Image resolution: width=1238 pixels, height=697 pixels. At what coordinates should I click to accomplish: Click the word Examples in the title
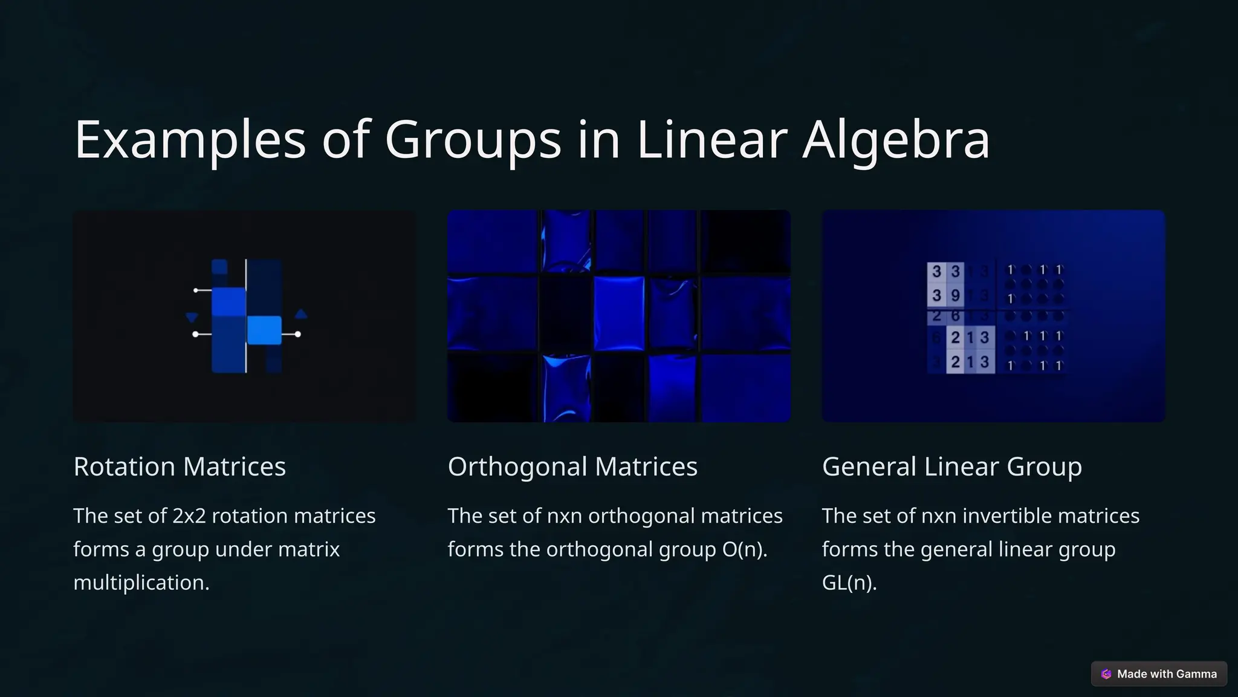(190, 140)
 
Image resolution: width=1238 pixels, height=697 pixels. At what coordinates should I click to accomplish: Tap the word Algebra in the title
(896, 140)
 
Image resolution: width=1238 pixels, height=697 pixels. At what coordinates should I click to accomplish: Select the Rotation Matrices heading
(180, 466)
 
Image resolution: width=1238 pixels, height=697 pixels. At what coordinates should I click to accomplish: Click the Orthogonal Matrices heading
(572, 466)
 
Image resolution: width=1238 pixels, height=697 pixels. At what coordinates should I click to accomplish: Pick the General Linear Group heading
(952, 466)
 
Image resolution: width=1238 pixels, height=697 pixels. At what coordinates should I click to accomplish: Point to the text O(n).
(744, 549)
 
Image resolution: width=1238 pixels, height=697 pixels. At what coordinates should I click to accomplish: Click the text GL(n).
(849, 583)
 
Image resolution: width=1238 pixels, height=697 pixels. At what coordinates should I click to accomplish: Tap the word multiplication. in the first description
(141, 583)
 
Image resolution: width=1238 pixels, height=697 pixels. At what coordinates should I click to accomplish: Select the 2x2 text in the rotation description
(189, 516)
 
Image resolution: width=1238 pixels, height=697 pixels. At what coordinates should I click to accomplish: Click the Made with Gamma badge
(1159, 674)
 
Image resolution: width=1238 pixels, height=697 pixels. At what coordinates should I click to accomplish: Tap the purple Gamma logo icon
(1106, 674)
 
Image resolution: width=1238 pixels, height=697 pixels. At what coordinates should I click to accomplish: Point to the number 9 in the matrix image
(955, 295)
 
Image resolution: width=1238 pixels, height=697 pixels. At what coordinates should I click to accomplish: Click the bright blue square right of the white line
(264, 330)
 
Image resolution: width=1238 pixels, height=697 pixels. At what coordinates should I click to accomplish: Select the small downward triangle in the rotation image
(192, 317)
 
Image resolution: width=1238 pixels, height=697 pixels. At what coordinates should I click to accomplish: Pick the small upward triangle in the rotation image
(301, 314)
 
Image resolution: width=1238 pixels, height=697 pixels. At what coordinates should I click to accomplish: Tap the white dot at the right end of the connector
(297, 334)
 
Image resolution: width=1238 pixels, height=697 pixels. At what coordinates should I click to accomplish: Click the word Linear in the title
(711, 140)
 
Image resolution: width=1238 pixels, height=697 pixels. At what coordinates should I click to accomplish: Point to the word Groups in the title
(473, 140)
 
